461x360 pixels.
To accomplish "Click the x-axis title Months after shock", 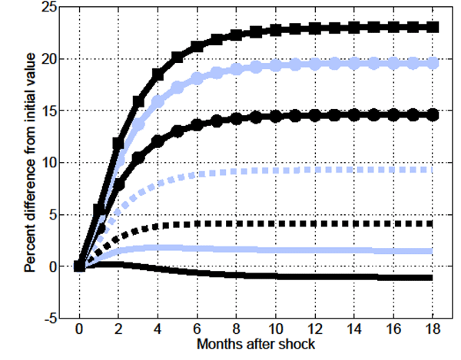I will tap(257, 345).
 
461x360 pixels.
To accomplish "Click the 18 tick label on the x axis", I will tap(433, 331).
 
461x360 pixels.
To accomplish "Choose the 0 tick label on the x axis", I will tap(79, 331).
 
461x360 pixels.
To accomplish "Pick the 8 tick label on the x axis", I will tap(236, 331).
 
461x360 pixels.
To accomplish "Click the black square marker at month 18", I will tap(433, 27).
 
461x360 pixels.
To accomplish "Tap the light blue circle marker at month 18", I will tap(433, 63).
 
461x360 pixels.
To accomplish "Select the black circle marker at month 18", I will tap(433, 114).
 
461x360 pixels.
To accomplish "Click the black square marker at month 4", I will tap(158, 74).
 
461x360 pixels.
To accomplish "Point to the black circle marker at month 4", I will tap(158, 141).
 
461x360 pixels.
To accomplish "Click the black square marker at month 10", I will tap(275, 31).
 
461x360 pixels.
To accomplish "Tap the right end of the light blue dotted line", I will tap(433, 169).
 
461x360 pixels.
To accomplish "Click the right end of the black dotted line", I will tap(433, 223).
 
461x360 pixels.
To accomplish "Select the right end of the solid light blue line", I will tap(433, 251).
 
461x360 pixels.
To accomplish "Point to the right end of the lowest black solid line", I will tap(433, 277).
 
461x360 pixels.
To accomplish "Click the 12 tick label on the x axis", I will tap(315, 331).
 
